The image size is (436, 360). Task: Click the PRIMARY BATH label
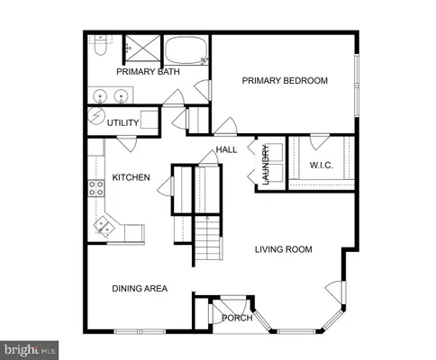click(148, 71)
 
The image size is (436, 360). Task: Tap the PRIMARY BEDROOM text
click(285, 81)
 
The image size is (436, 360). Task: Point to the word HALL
click(225, 149)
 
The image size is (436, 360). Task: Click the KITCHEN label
click(130, 177)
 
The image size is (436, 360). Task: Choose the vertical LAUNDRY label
click(267, 166)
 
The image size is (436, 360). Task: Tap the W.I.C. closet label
click(322, 165)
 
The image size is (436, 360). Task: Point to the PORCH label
click(236, 317)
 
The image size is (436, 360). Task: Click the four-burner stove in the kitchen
click(95, 189)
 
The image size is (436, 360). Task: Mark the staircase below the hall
click(208, 238)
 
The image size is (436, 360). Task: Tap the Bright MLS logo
click(30, 346)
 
